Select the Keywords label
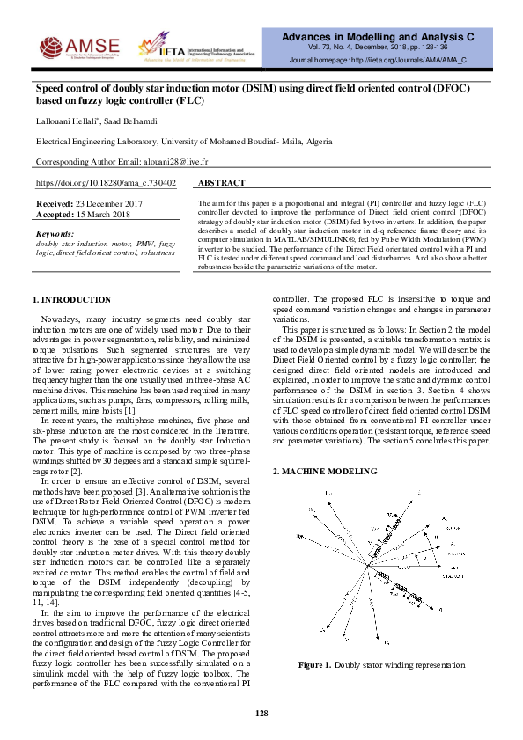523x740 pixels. [55, 234]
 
